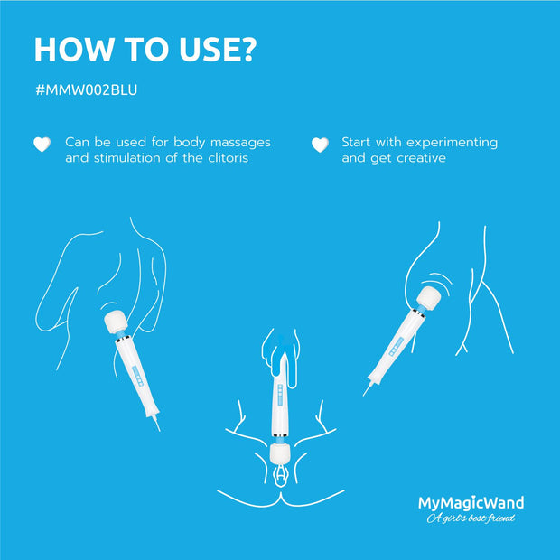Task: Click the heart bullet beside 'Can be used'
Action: coord(41,144)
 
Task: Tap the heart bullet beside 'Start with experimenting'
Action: coord(319,144)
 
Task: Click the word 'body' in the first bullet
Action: coord(186,143)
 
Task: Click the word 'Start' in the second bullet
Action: coord(358,143)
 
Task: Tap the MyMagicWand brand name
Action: coord(471,503)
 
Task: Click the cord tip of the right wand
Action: coord(366,394)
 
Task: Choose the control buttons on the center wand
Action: coord(280,392)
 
